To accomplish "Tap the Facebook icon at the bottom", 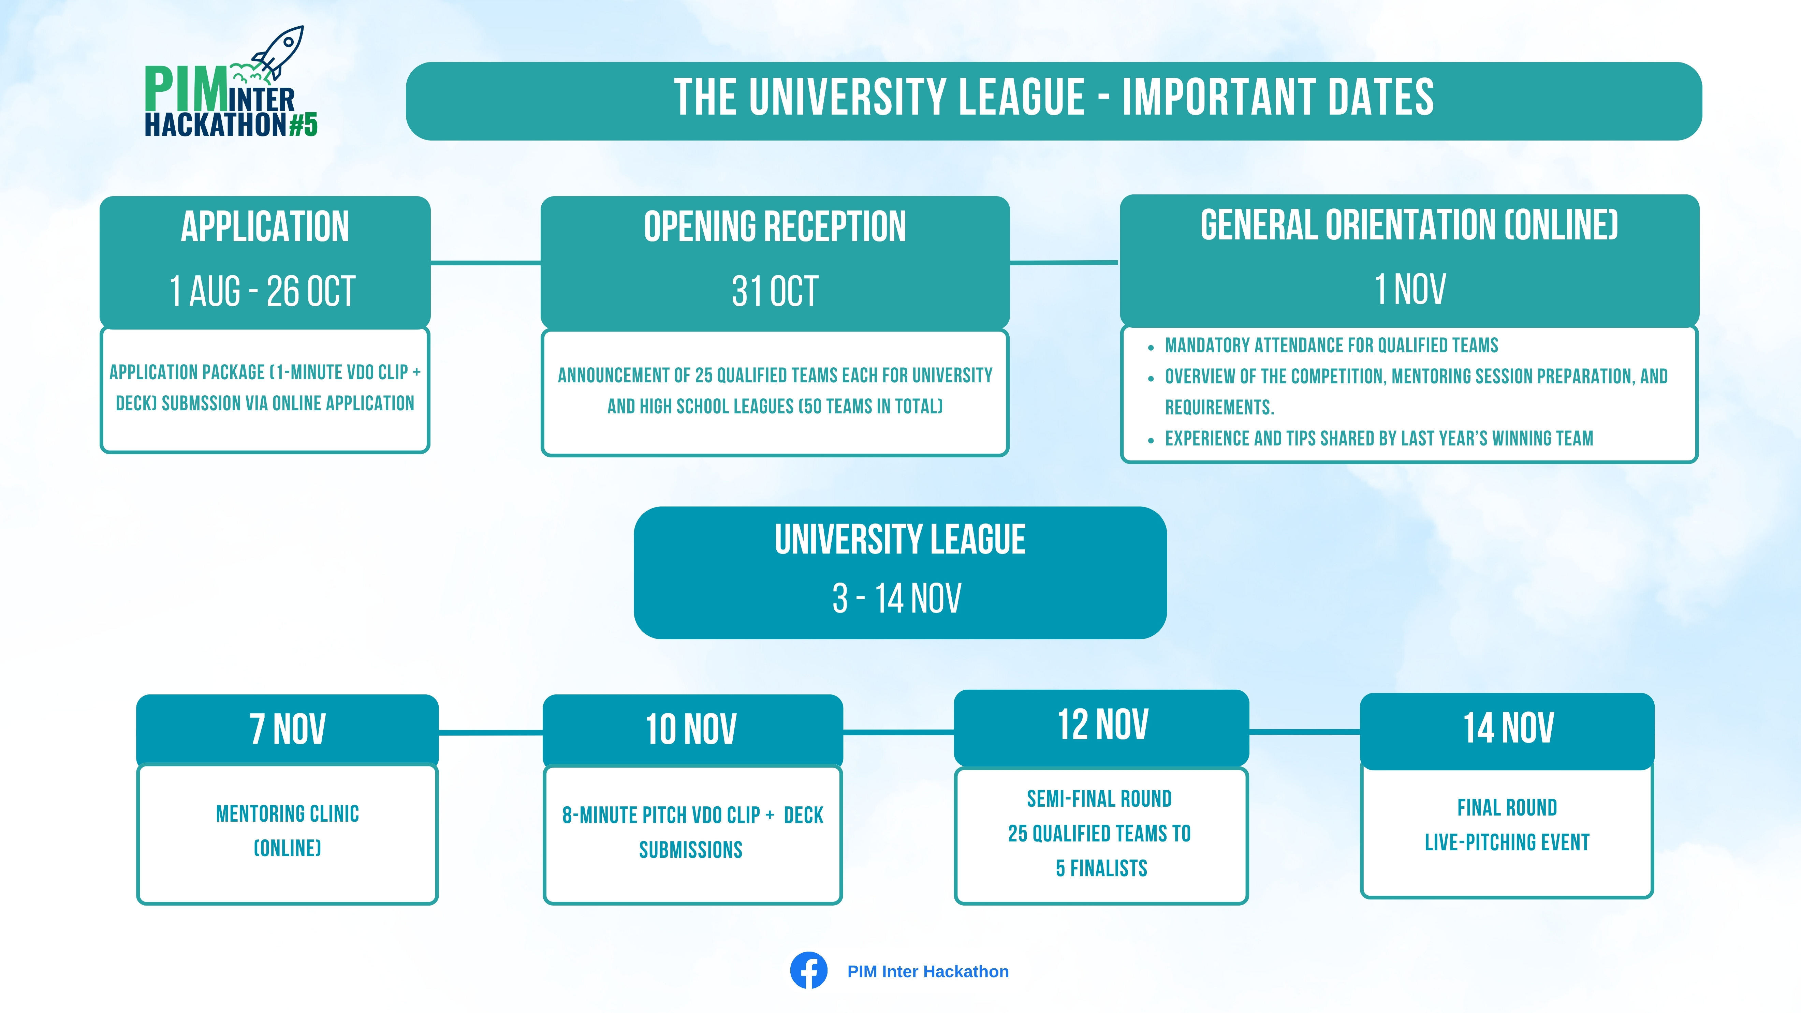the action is (x=809, y=970).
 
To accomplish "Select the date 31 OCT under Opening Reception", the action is (x=775, y=291).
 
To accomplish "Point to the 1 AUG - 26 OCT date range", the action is (x=263, y=291).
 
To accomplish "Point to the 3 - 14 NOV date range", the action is (x=897, y=599).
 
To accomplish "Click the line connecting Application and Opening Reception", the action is (x=486, y=263).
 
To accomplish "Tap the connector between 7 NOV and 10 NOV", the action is (x=491, y=733).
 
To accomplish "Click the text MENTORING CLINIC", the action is (x=287, y=814).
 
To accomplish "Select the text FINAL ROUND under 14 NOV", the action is (x=1507, y=807).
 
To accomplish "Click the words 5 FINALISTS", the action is (x=1101, y=868).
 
